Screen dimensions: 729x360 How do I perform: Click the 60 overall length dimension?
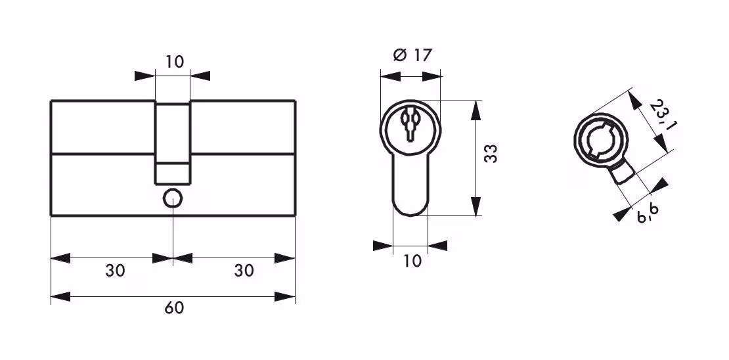174,308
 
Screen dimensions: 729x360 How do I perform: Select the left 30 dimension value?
115,270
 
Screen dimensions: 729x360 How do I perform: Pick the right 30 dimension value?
244,270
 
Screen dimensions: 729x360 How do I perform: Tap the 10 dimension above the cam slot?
174,61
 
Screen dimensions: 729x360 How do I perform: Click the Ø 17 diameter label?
412,55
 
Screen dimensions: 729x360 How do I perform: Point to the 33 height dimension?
491,154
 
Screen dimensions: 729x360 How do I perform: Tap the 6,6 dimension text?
648,213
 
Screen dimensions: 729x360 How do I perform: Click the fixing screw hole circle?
173,199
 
